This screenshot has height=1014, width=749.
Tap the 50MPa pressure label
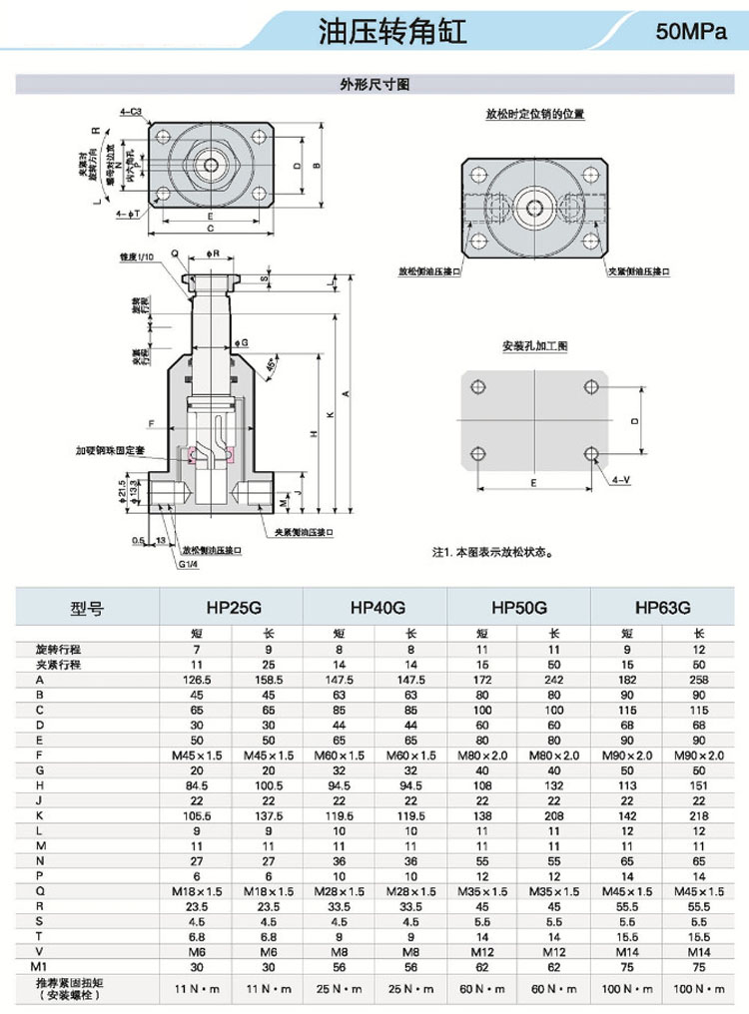tap(689, 33)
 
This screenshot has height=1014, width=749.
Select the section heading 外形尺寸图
tap(374, 85)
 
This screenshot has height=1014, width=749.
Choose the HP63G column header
tap(663, 607)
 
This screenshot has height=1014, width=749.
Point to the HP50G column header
tap(520, 607)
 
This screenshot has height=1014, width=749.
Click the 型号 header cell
tap(87, 607)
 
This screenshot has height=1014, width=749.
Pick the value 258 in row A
tap(699, 679)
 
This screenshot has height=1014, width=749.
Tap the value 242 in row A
tap(555, 679)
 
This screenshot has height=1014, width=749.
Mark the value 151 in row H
tap(699, 784)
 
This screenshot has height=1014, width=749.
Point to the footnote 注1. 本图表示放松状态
tap(490, 552)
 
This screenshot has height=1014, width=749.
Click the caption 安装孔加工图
tap(534, 346)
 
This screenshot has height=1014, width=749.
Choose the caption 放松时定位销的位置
tap(534, 115)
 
